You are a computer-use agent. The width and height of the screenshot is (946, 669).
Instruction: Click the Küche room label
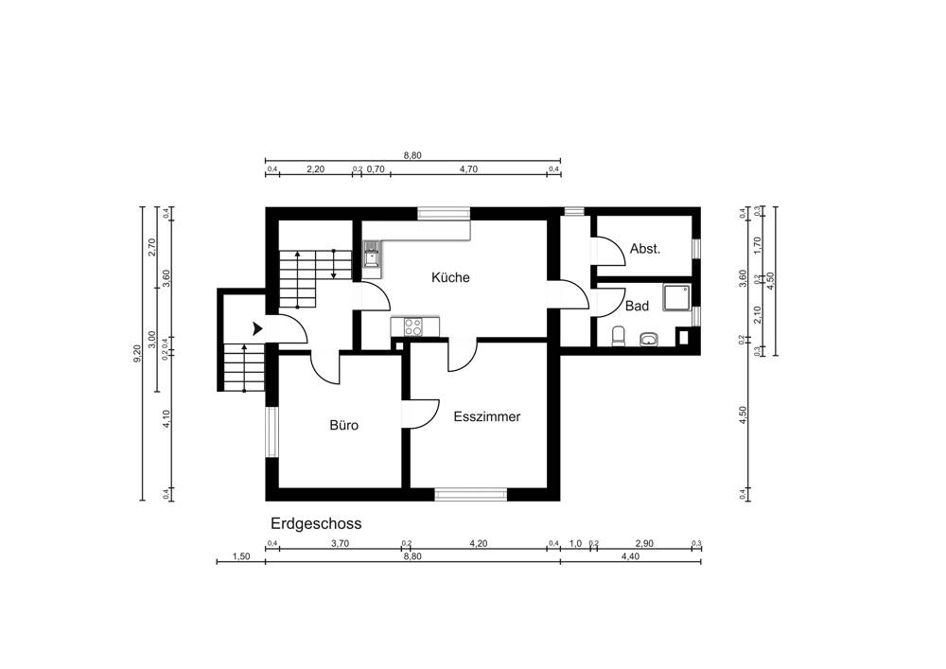pos(450,277)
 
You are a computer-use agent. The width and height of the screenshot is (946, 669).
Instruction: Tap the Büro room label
pos(343,426)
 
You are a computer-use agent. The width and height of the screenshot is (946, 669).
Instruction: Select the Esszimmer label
pos(486,416)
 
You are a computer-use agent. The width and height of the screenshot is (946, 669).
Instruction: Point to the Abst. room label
pos(644,249)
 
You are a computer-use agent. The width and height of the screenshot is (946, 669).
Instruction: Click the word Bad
pos(637,307)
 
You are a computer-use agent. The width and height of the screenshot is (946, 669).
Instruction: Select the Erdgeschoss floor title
pos(316,523)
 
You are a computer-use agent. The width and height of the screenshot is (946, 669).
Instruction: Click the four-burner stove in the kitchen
pos(412,326)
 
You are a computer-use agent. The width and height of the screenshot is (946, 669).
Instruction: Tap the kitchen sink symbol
pos(372,254)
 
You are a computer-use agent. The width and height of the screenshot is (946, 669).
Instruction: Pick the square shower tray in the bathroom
pos(677,299)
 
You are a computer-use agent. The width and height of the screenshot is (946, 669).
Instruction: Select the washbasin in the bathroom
pos(649,338)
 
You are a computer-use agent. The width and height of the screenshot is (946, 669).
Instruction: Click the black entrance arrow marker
pos(257,328)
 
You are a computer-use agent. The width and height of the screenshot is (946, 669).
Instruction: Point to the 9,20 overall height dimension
pos(137,355)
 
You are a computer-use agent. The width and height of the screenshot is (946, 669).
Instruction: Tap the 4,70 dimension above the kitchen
pos(467,169)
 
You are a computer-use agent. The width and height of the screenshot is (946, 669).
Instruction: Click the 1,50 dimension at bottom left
pos(240,557)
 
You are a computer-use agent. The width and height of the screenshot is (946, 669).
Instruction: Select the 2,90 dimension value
pos(644,544)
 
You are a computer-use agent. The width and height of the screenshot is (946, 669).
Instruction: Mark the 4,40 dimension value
pos(630,557)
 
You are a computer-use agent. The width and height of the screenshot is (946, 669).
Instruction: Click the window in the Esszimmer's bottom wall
pos(470,493)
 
